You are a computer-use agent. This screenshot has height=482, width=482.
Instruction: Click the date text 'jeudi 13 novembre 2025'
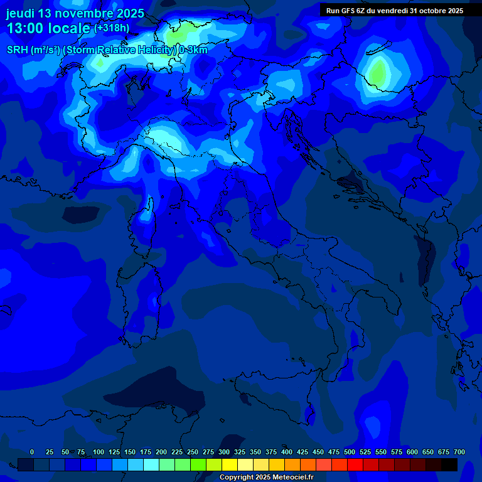(x=75, y=13)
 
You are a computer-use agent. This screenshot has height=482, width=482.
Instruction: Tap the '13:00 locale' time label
(x=48, y=28)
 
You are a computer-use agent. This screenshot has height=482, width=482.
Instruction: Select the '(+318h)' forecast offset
(x=112, y=28)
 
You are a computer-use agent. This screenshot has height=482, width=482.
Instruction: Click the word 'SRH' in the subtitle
(x=18, y=50)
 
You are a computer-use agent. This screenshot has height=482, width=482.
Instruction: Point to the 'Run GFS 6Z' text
(x=349, y=11)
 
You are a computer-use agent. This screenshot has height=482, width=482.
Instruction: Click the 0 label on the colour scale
(x=32, y=452)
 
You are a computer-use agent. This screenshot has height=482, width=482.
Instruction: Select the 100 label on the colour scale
(x=99, y=452)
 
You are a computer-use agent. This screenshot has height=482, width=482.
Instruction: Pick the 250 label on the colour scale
(x=193, y=452)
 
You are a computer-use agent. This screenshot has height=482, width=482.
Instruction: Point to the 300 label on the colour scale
(x=224, y=452)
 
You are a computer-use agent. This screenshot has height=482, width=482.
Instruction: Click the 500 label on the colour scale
(x=350, y=452)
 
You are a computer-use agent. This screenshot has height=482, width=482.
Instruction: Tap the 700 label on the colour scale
(x=459, y=452)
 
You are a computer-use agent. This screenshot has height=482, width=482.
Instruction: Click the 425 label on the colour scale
(x=303, y=452)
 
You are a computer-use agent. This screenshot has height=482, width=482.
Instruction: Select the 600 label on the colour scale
(x=412, y=452)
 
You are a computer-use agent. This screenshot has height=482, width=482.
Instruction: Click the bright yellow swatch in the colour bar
(x=230, y=465)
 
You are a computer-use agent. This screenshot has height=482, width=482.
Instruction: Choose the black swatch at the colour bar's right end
(x=449, y=465)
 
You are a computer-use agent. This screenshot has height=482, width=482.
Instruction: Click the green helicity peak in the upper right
(x=377, y=72)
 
